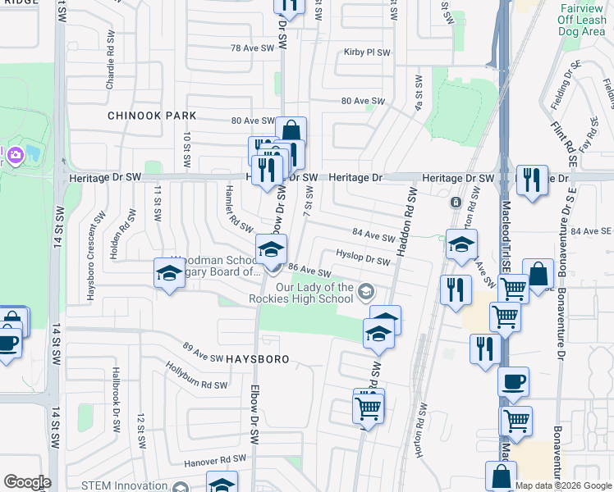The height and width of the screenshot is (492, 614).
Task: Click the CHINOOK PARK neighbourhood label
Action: tap(153, 116)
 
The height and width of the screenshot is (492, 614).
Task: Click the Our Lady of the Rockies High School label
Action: tap(314, 293)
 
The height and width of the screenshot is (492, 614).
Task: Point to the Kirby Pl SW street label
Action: tap(367, 52)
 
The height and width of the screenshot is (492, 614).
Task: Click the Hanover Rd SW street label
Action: tap(216, 459)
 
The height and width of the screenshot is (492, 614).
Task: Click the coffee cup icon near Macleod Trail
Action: tap(514, 381)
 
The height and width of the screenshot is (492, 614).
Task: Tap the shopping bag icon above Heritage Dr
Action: tap(291, 130)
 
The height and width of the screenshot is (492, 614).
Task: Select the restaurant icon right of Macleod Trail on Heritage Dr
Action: tap(532, 180)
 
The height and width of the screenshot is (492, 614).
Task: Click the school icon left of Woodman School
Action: tap(169, 273)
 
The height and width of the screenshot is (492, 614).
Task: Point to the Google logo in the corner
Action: tap(27, 482)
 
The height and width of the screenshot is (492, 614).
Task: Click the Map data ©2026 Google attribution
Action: tap(563, 486)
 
